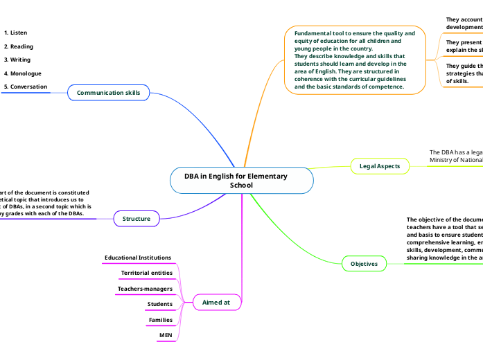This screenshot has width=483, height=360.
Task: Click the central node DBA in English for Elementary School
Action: coord(241,181)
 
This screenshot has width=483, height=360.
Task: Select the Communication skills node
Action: coord(108,93)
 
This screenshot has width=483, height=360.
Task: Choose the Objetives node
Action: coord(365,264)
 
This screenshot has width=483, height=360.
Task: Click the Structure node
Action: coord(137,219)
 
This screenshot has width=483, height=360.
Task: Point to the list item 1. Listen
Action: coord(15,33)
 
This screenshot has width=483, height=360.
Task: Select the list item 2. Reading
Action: coord(18,46)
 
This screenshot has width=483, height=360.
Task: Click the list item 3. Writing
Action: coord(17,60)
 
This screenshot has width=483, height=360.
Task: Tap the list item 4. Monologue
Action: coord(22,73)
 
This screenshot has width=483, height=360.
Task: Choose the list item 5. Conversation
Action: coord(26,87)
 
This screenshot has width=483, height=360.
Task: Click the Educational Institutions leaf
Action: coord(138,258)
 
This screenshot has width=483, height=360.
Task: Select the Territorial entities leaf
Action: coord(147,273)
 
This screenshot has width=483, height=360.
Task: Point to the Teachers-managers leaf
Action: coord(145,289)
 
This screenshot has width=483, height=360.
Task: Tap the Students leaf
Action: coord(160,304)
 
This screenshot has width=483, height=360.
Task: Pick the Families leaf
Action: coord(161,320)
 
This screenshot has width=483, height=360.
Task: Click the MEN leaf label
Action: coord(166,335)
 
